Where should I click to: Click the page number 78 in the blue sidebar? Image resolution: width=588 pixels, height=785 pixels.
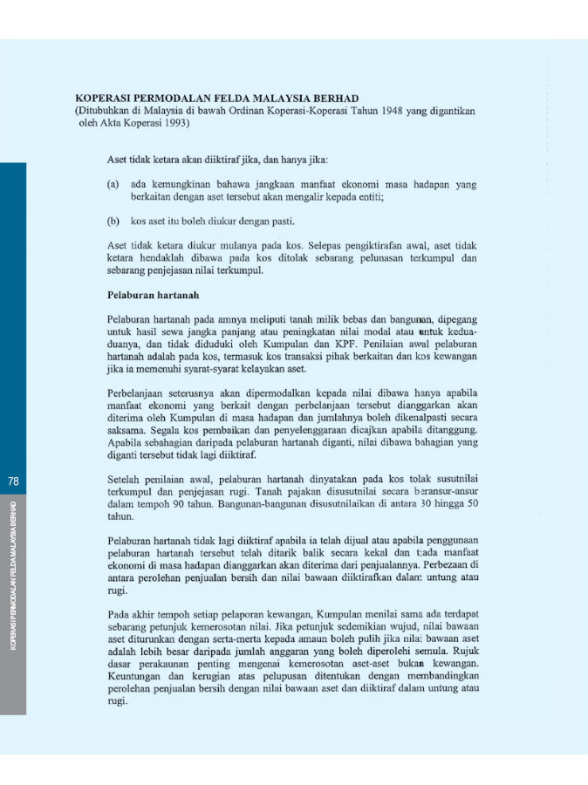(13, 481)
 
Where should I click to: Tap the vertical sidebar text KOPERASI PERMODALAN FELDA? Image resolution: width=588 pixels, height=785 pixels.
(13, 576)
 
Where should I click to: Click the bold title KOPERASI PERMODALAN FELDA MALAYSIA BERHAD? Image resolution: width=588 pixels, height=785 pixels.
(217, 99)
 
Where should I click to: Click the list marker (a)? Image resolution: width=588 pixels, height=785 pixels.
(113, 185)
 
